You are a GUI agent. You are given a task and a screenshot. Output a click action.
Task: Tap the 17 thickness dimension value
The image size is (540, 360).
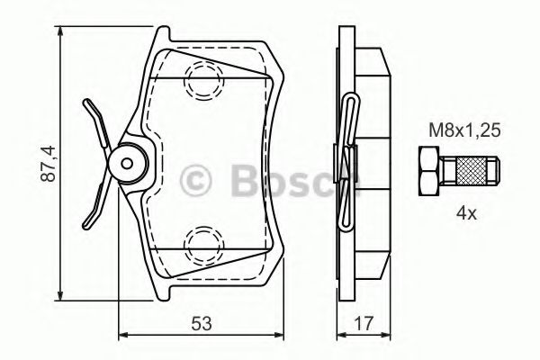click(x=365, y=322)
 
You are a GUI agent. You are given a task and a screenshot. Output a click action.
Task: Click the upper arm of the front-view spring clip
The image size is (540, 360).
click(x=94, y=117)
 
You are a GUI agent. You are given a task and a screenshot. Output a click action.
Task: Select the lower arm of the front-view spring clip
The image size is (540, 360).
click(x=94, y=209)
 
